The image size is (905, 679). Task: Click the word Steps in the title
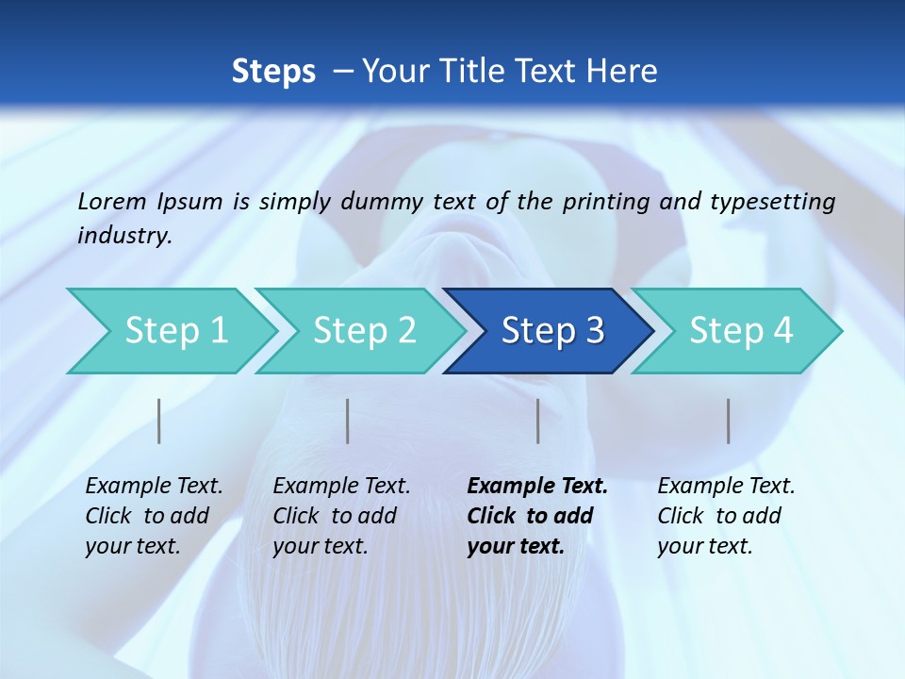click(x=273, y=71)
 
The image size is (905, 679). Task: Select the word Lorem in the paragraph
click(x=112, y=201)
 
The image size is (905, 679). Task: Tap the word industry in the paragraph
click(x=123, y=236)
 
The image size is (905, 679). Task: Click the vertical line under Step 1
click(x=159, y=421)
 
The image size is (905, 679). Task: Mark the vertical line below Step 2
click(x=348, y=421)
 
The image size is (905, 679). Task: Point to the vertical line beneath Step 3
click(x=537, y=421)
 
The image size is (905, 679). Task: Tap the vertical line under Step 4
click(x=728, y=421)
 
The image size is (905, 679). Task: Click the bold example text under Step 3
click(x=536, y=516)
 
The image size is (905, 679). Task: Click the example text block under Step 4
click(x=726, y=516)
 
